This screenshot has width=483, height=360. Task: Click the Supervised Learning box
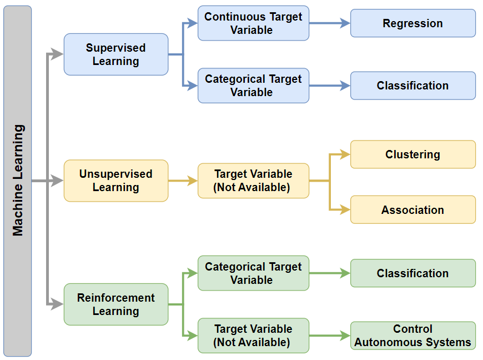click(x=116, y=54)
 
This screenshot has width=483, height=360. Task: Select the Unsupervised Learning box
click(x=116, y=181)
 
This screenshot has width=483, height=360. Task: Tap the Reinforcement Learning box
click(x=116, y=304)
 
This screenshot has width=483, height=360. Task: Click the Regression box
click(x=412, y=23)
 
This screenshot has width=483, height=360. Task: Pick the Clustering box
click(x=412, y=154)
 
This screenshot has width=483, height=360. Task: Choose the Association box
click(x=412, y=209)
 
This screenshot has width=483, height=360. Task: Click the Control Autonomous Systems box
click(x=412, y=336)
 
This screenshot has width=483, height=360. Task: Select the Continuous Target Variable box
click(x=253, y=23)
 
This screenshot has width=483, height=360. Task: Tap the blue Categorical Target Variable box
click(x=253, y=86)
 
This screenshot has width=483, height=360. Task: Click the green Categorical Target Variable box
click(x=253, y=273)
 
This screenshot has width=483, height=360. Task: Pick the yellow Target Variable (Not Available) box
click(x=253, y=181)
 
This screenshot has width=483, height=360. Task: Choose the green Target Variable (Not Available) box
click(x=253, y=336)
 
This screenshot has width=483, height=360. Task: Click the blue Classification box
click(x=412, y=86)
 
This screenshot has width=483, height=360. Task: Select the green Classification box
click(x=412, y=273)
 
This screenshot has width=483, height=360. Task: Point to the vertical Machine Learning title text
click(x=18, y=181)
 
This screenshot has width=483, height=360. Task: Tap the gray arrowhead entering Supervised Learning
click(x=58, y=54)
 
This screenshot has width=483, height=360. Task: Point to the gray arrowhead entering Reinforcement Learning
click(x=58, y=304)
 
